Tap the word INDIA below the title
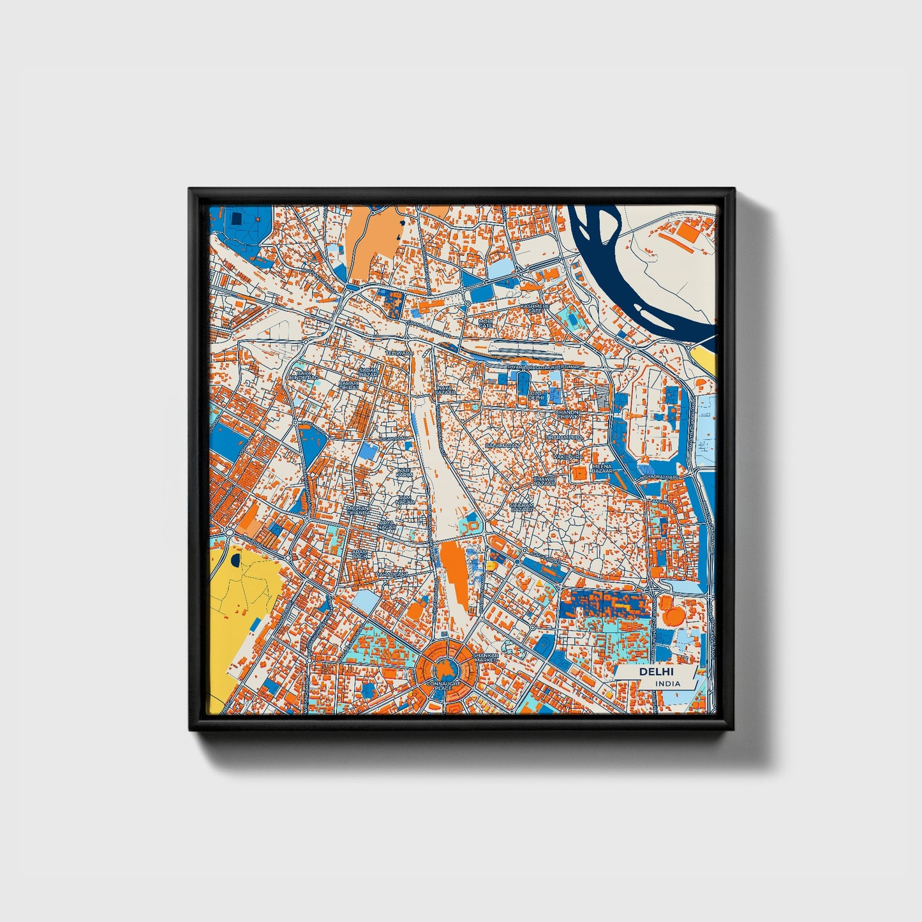coord(667,683)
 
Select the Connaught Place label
coord(442,685)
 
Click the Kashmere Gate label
coord(535,308)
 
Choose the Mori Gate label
coord(486,323)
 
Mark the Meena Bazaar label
coord(603,469)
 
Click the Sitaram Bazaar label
coord(522,507)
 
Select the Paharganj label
coord(391,575)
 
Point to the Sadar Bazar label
coord(369,371)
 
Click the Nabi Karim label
coord(405,472)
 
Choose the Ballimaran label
coord(503,444)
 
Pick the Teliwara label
coord(400,353)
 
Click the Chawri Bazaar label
coord(544,480)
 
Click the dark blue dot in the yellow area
coord(235,561)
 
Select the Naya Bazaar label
coord(446,389)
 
